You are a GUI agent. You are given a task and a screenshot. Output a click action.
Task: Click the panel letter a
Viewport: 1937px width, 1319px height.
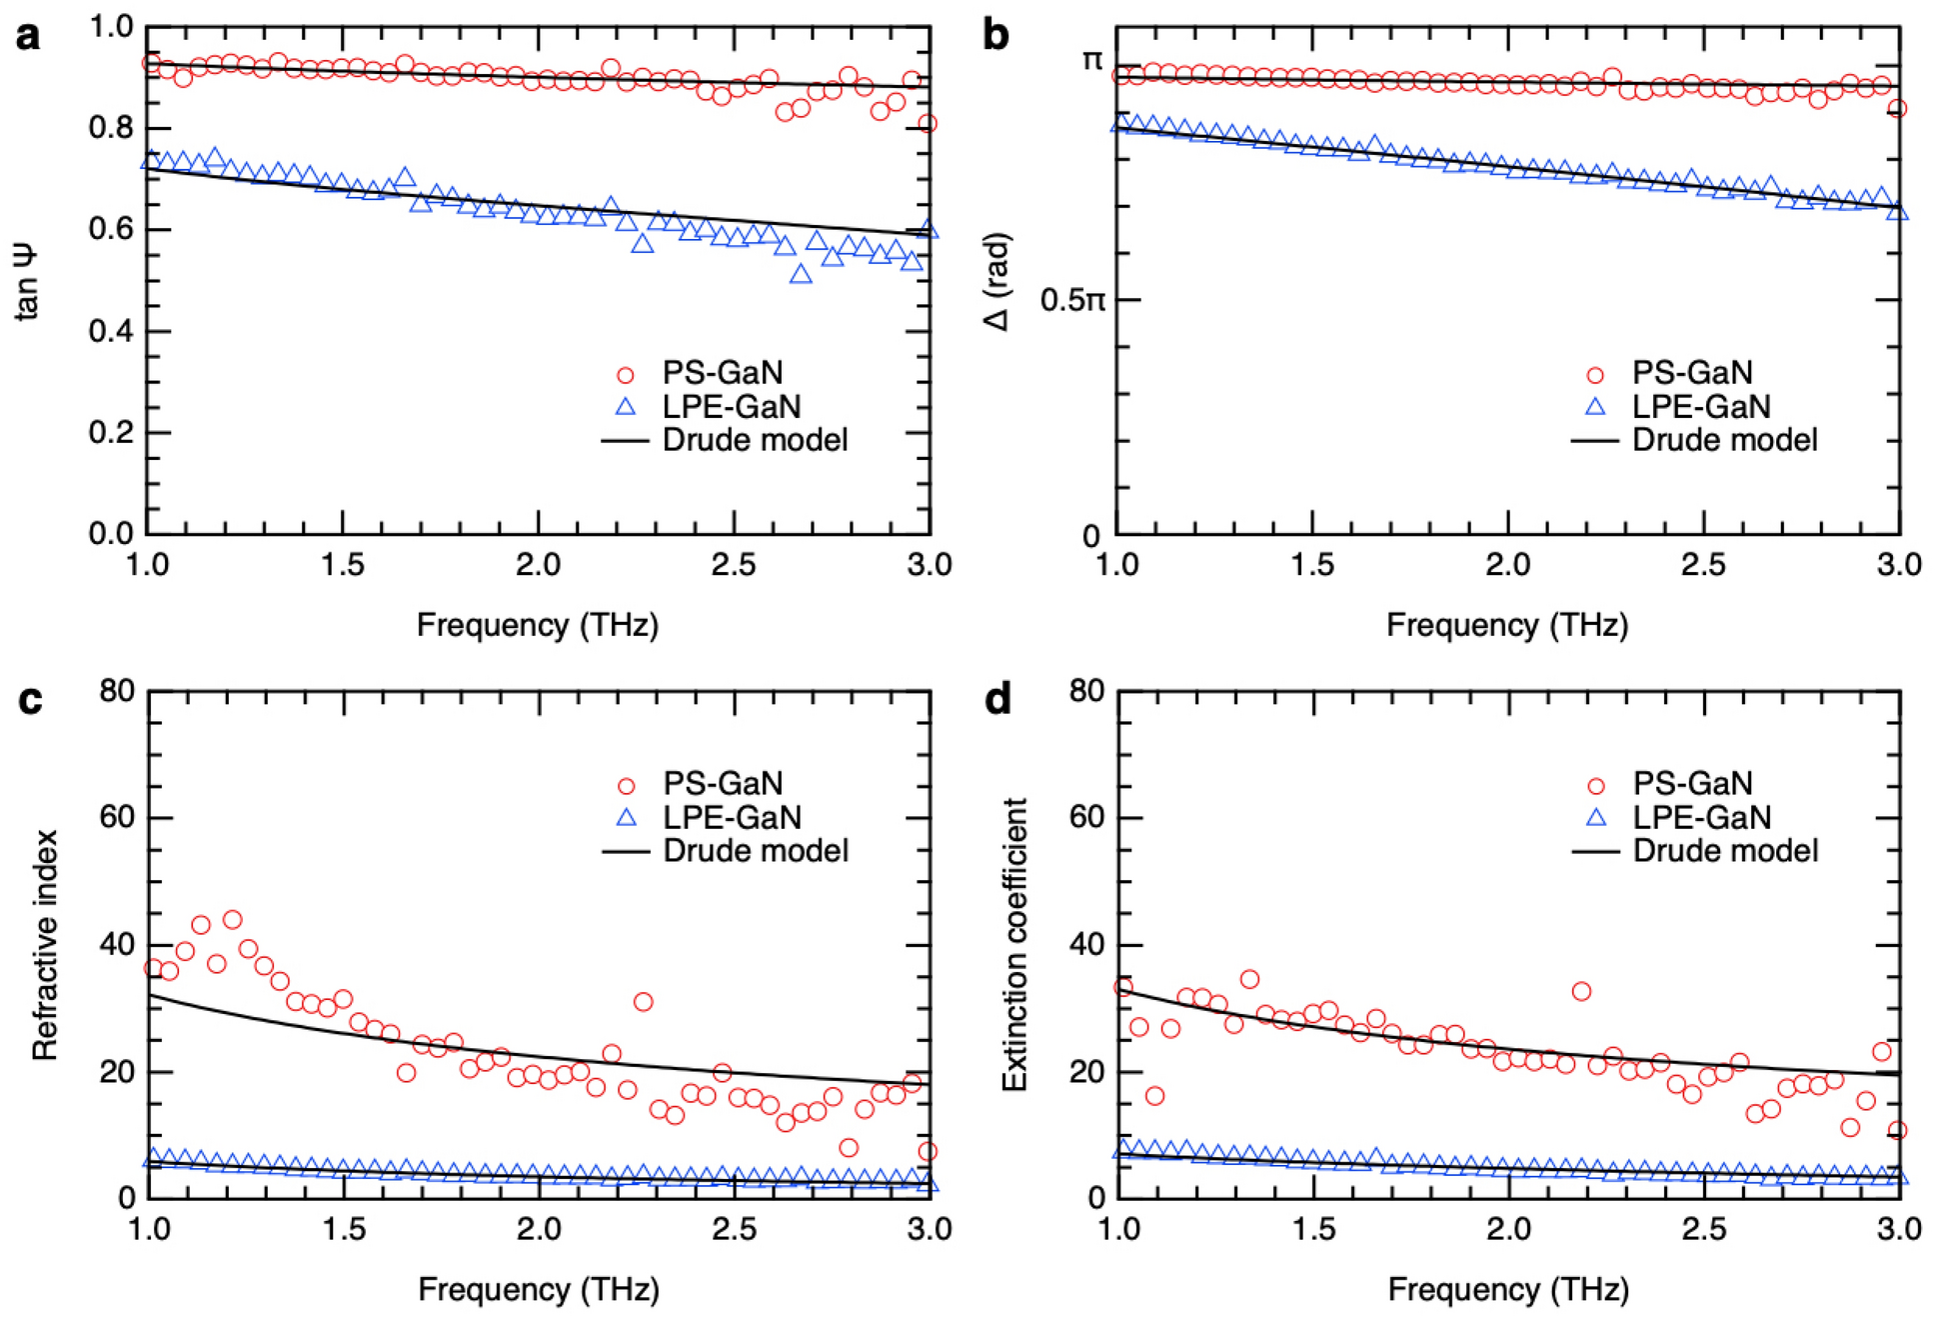(x=28, y=36)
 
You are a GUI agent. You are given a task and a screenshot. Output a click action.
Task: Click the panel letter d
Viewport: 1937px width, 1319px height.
(x=997, y=699)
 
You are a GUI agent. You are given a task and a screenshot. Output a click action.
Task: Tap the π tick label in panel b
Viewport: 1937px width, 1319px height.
(x=1091, y=61)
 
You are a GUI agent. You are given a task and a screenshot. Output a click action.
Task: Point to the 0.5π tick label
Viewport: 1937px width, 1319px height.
(x=1071, y=299)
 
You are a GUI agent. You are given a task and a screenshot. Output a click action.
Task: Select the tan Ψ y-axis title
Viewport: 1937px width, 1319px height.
(x=27, y=282)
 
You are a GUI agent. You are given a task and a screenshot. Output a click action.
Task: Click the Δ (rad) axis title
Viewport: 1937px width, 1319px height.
(x=997, y=282)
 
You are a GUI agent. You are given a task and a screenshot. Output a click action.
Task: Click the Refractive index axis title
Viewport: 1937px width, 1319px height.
(x=44, y=945)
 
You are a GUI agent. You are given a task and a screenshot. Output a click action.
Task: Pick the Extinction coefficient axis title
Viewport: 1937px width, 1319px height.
(x=1014, y=945)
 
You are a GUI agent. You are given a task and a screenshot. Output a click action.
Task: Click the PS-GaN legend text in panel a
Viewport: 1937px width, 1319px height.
(x=722, y=373)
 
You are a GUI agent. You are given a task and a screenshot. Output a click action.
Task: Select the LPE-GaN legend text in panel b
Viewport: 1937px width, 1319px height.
(x=1701, y=407)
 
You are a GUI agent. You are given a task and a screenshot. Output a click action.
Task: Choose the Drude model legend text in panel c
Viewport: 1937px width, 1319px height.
(x=756, y=851)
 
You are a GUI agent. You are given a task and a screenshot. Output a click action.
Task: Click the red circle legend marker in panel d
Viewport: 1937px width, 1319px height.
(x=1596, y=786)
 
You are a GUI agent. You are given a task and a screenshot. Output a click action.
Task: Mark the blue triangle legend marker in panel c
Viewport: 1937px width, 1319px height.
(x=627, y=818)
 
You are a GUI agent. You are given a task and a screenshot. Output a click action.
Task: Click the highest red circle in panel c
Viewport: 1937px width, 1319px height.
(x=232, y=919)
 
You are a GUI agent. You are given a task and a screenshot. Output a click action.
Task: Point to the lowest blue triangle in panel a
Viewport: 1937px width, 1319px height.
(x=801, y=274)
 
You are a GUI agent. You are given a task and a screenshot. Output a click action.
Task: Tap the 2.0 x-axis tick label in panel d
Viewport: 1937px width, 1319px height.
(x=1508, y=1229)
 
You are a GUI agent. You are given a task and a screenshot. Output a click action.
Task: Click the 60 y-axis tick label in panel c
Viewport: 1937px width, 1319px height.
(x=117, y=817)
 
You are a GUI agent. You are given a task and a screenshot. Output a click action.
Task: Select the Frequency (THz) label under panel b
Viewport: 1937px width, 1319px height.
(x=1507, y=625)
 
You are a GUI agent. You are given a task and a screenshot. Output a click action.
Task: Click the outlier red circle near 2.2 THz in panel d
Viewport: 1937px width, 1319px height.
(x=1581, y=991)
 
